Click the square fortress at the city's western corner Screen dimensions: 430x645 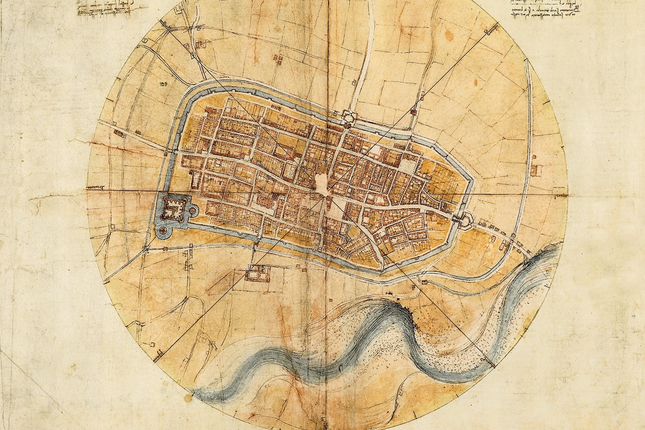coord(173,207)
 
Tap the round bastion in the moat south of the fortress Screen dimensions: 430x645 coord(162,230)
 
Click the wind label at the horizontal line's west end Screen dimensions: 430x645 coord(96,188)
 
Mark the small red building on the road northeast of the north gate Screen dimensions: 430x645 coord(413,112)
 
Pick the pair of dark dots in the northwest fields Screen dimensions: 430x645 coord(161,84)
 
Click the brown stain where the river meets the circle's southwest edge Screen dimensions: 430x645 coord(188,398)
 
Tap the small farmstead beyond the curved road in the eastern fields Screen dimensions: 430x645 coord(535,170)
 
